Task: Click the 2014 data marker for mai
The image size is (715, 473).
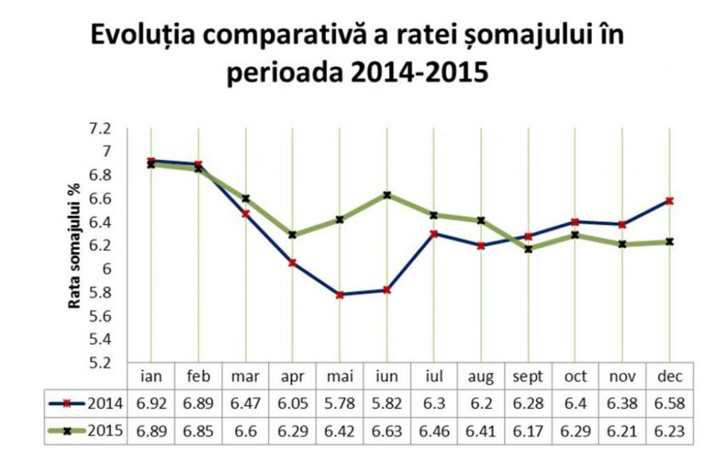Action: [340, 295]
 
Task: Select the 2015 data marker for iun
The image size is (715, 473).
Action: [387, 195]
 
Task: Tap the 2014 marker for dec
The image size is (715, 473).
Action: [669, 201]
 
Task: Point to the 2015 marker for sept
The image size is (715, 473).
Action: [528, 249]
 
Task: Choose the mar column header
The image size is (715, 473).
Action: [246, 376]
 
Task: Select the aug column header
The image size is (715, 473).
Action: [481, 376]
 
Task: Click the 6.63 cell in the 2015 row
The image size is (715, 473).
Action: [387, 430]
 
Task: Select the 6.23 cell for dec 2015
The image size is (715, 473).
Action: [669, 430]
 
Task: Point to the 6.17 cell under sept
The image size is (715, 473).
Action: [528, 430]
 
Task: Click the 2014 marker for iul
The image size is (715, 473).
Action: [433, 234]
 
